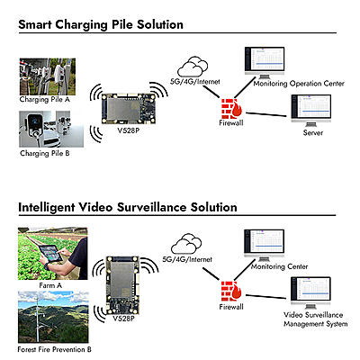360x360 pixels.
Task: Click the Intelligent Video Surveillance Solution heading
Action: [127, 207]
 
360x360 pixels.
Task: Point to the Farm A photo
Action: [50, 254]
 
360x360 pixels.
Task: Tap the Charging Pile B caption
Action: [46, 153]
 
